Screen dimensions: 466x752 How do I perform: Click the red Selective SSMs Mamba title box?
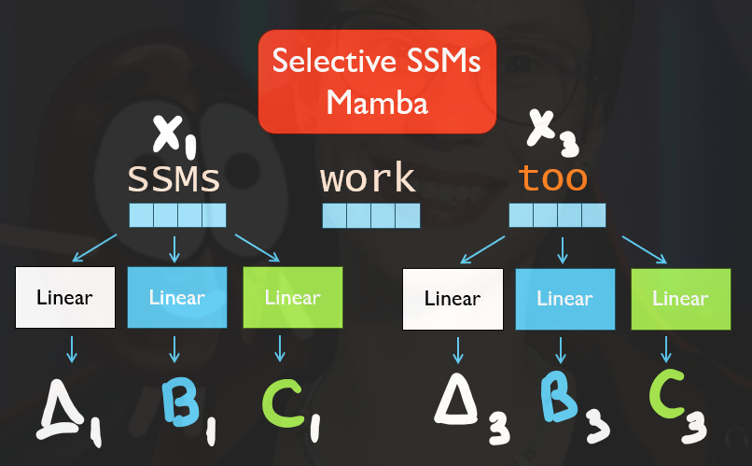[x=376, y=80]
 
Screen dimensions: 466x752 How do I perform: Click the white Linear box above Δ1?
[x=65, y=298]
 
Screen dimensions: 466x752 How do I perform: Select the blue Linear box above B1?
[x=176, y=298]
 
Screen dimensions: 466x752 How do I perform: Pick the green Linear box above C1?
[x=292, y=298]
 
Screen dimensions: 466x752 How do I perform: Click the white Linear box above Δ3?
[x=453, y=299]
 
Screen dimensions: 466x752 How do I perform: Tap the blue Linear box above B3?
[x=564, y=299]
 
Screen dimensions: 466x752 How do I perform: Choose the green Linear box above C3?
[x=680, y=299]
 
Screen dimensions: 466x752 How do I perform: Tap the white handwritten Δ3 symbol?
[x=472, y=411]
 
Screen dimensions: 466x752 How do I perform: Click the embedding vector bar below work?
[x=370, y=216]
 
